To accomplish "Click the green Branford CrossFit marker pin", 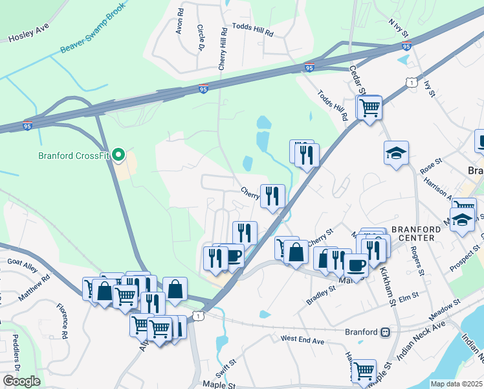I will pos(118,155).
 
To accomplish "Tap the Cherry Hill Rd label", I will pos(223,49).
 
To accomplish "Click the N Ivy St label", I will pos(399,27).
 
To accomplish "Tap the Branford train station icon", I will pos(386,332).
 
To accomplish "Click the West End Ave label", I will pos(302,339).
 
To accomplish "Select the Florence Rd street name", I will pos(62,321).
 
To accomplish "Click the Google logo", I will pos(21,381).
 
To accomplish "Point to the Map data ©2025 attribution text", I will pos(456,384).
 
